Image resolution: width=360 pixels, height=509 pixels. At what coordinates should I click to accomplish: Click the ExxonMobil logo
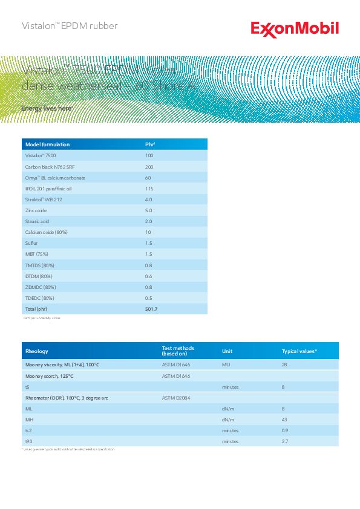[295, 29]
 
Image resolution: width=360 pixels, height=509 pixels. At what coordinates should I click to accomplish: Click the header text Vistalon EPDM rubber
[69, 26]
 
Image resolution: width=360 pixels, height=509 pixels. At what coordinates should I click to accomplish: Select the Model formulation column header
[47, 144]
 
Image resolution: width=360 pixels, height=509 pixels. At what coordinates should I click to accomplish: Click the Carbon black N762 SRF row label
[50, 167]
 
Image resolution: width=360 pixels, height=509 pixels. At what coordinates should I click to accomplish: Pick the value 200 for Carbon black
[149, 167]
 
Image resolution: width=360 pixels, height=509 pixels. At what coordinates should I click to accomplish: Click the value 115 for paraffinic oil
[149, 189]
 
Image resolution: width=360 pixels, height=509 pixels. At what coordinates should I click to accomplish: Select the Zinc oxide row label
[35, 210]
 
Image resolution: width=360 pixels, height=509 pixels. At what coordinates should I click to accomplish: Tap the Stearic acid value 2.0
[148, 221]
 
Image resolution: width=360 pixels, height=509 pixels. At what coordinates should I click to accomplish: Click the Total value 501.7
[151, 309]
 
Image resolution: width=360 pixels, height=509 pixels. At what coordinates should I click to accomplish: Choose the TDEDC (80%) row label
[39, 298]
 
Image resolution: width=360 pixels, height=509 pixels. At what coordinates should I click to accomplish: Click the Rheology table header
[36, 351]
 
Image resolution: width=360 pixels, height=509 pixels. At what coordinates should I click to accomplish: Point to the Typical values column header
[299, 351]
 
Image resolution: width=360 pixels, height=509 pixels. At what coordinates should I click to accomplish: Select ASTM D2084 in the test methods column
[176, 398]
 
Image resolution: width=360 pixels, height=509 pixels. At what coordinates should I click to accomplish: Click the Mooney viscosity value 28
[284, 365]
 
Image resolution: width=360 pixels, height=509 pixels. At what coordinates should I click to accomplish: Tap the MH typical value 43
[284, 420]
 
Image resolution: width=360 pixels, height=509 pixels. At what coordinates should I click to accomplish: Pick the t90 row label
[28, 441]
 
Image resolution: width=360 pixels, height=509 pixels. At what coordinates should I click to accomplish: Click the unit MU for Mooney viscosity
[226, 365]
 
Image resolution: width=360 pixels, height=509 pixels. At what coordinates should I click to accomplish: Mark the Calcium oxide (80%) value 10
[148, 232]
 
